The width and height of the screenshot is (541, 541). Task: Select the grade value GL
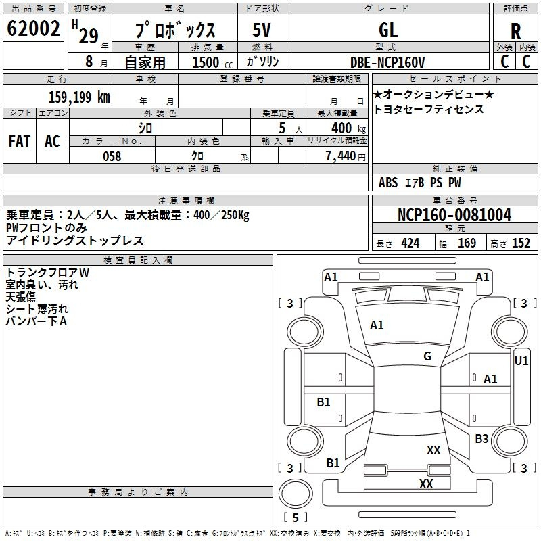[388, 30]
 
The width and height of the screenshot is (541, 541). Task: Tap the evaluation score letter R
[515, 31]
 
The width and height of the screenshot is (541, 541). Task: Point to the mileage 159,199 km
[79, 97]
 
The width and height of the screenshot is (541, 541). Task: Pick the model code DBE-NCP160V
[392, 62]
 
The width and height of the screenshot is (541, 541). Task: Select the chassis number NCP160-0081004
[454, 215]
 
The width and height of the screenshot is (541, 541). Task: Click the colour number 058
[112, 156]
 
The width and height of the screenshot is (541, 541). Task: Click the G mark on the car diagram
[427, 356]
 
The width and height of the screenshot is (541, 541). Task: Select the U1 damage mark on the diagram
[521, 361]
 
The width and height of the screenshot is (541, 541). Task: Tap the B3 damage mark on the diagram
[481, 439]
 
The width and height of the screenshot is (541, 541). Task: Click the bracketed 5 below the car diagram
[296, 518]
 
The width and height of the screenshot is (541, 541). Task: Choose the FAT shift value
[20, 141]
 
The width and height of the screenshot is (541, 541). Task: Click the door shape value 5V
[263, 30]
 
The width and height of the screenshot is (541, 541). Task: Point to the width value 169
[467, 243]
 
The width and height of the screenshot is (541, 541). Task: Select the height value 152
[521, 243]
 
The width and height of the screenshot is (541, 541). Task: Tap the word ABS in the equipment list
[388, 183]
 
